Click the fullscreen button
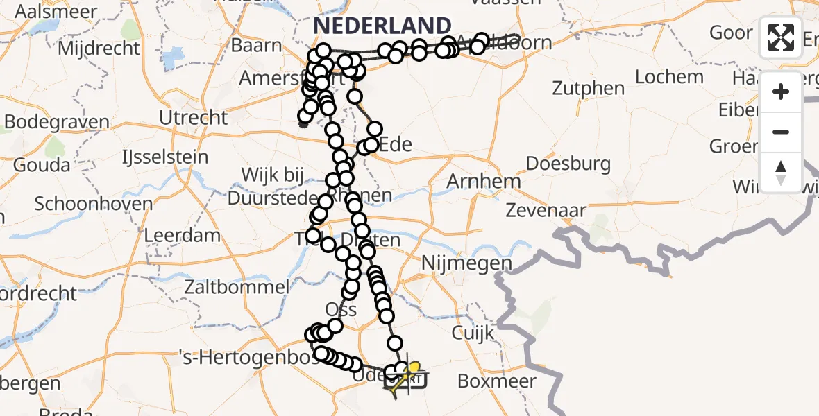click(781, 37)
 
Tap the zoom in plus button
click(781, 92)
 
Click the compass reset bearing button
click(781, 172)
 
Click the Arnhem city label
click(484, 182)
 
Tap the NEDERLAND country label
click(382, 26)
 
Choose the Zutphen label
click(589, 88)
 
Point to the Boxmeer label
click(497, 381)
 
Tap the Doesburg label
click(568, 164)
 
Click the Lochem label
click(669, 76)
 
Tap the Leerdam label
click(183, 234)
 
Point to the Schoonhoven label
click(83, 204)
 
